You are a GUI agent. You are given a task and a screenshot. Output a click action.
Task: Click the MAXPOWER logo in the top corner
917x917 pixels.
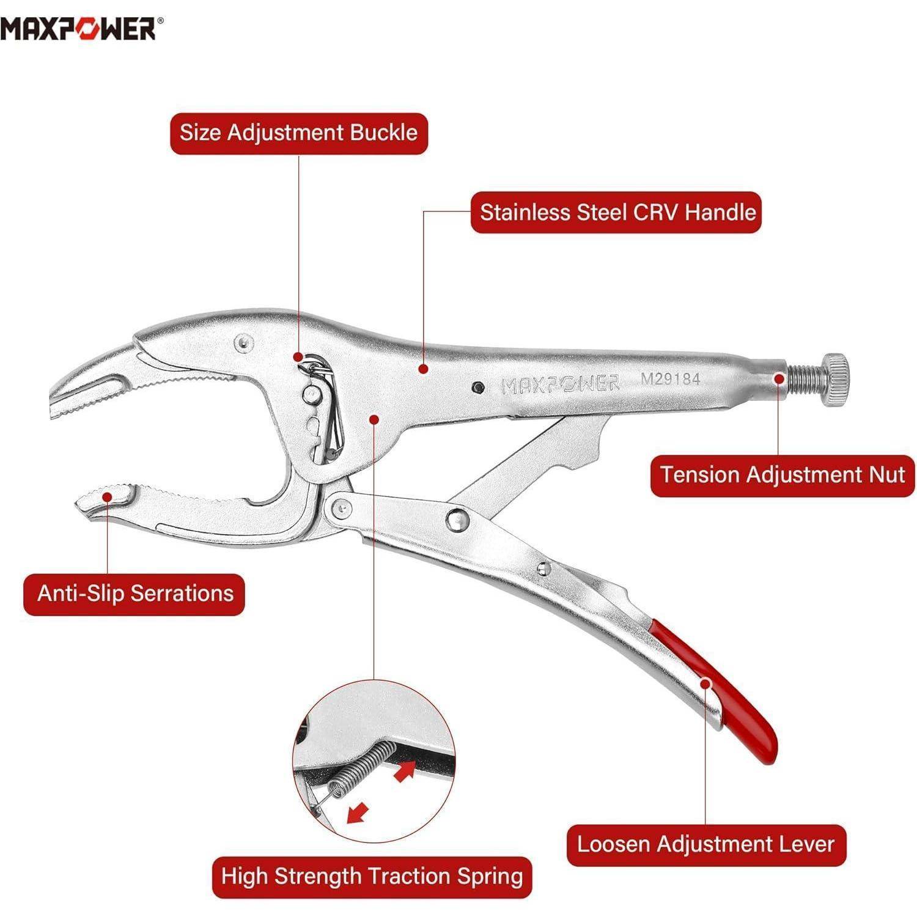click(x=82, y=28)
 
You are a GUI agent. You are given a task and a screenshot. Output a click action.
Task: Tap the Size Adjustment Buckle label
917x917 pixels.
click(x=298, y=133)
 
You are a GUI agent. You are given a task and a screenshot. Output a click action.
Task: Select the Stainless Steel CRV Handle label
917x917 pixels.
click(x=617, y=213)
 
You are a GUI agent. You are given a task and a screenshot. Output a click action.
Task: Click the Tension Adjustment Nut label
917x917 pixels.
click(x=782, y=475)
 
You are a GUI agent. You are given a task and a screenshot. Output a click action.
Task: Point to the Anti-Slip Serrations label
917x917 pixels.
click(x=134, y=594)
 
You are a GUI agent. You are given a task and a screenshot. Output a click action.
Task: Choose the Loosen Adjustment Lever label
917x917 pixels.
click(x=706, y=845)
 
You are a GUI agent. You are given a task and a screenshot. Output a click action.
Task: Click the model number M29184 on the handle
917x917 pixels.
click(x=670, y=378)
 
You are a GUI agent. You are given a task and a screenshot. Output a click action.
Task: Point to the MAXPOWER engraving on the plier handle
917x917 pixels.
click(x=560, y=384)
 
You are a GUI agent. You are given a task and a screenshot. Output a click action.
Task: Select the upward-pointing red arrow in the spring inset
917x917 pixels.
click(x=405, y=770)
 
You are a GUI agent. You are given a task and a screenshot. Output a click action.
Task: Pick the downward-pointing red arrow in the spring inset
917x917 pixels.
click(x=357, y=812)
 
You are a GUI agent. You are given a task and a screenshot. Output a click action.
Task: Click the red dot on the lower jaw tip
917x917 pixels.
click(x=108, y=496)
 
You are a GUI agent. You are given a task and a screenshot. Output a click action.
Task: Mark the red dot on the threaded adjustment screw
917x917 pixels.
click(x=779, y=378)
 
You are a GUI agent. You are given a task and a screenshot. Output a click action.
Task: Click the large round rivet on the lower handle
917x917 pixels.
click(x=457, y=520)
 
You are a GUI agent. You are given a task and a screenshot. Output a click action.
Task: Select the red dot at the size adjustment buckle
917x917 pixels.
click(x=298, y=356)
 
